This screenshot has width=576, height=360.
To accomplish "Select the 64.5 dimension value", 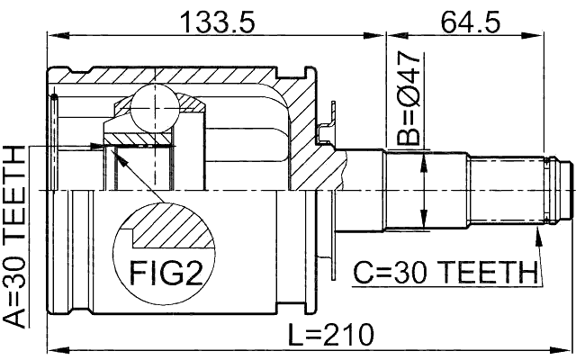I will pyautogui.click(x=469, y=20).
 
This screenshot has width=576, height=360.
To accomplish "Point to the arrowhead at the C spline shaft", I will pyautogui.click(x=537, y=233).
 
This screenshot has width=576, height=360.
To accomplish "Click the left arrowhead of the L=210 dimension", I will pyautogui.click(x=51, y=349).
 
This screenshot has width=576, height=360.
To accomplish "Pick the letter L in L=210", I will pyautogui.click(x=298, y=334).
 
